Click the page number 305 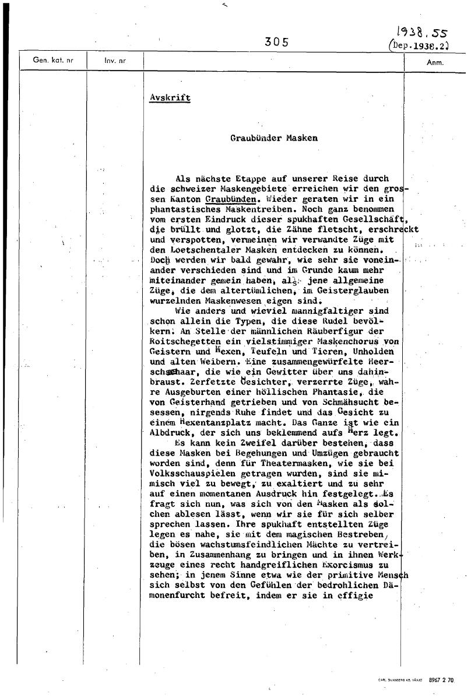276,41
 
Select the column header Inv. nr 115,60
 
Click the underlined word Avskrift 170,97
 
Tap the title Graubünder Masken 274,138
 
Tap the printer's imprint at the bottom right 416,680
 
